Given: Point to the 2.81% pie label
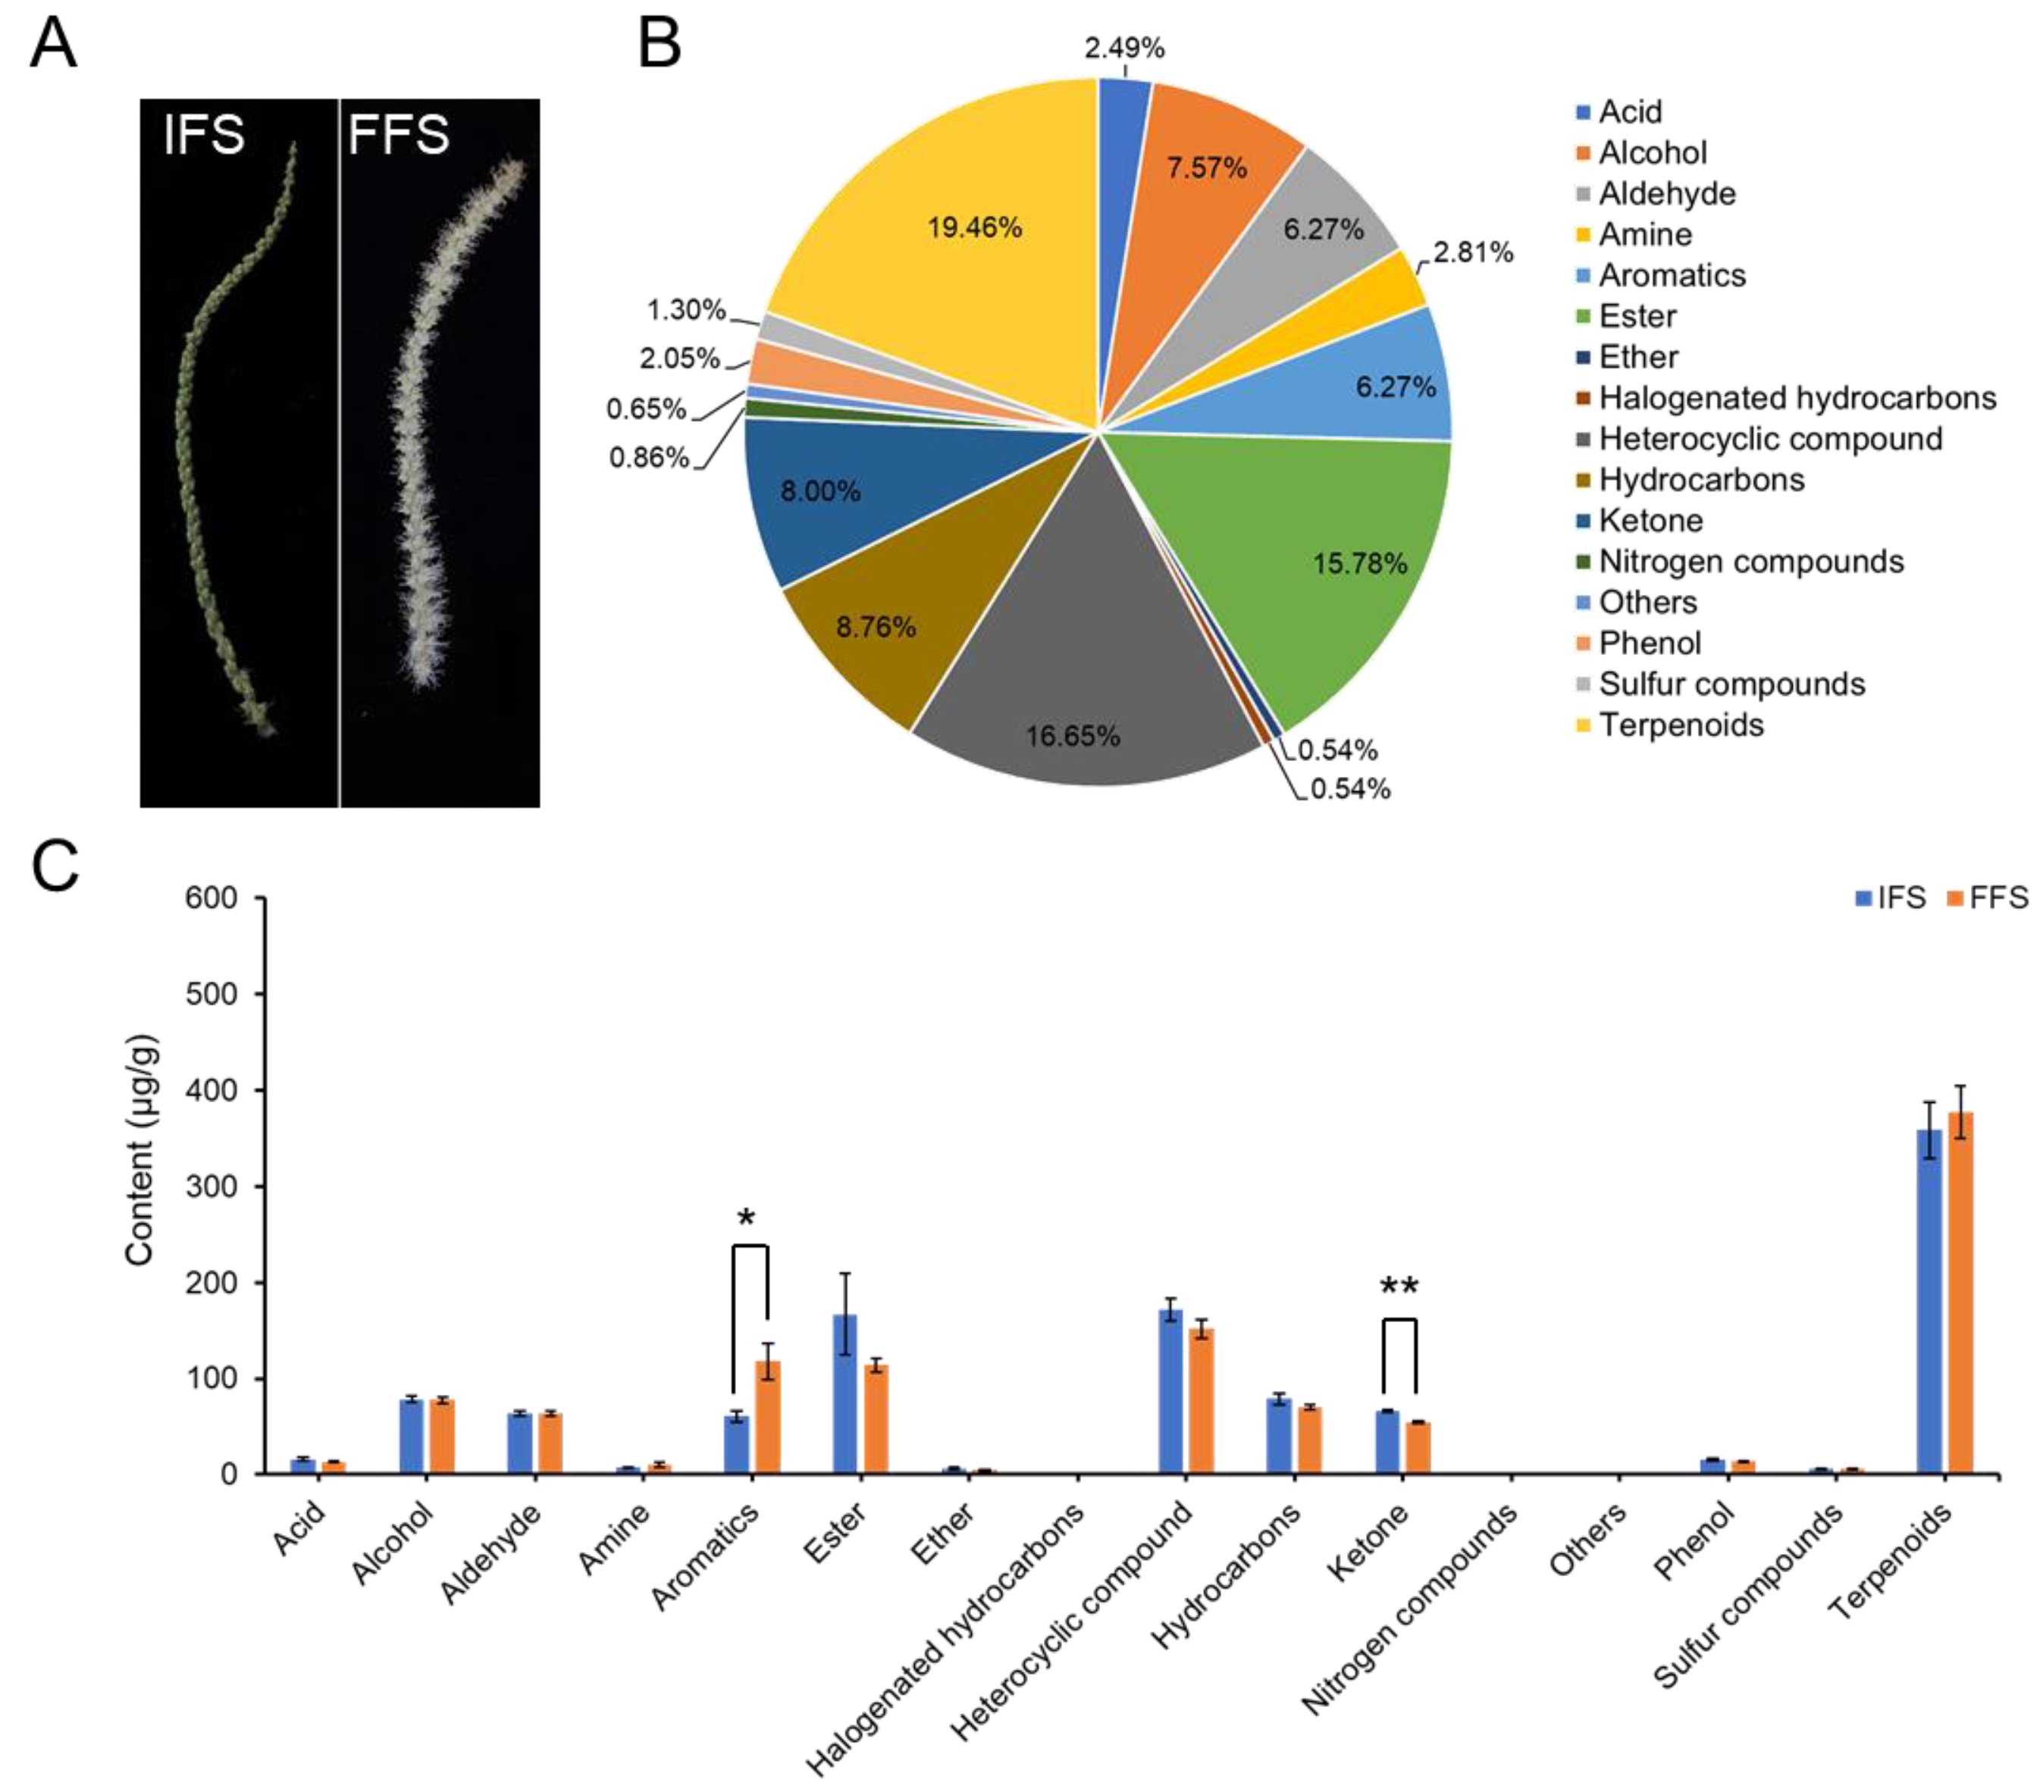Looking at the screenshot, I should [1472, 252].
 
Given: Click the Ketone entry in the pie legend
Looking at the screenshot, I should [1650, 520].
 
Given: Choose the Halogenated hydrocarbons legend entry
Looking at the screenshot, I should [1795, 397].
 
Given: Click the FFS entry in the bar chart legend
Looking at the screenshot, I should [1996, 898].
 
